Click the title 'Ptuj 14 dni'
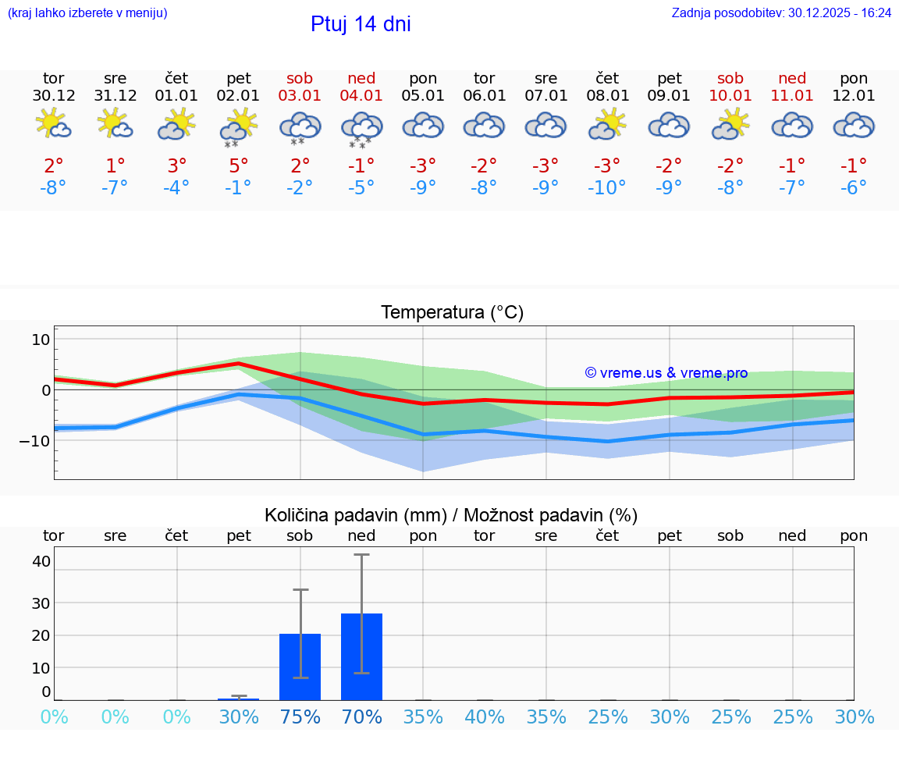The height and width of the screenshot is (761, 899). (361, 24)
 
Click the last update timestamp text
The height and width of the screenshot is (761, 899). (781, 12)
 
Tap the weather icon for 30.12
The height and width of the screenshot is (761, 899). (54, 125)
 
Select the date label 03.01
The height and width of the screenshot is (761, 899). (300, 96)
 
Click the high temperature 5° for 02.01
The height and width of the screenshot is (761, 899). (239, 165)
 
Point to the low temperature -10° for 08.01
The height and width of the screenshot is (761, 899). (607, 187)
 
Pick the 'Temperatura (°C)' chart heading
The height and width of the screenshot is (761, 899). (452, 313)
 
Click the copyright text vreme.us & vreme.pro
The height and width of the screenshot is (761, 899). (666, 373)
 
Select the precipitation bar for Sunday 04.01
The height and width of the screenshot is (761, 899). (361, 656)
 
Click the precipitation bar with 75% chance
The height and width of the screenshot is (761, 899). (300, 667)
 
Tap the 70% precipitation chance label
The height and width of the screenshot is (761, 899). (361, 717)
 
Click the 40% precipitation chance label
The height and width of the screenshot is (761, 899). (485, 717)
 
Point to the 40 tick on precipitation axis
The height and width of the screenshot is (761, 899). (41, 561)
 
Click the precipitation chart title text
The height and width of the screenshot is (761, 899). (451, 515)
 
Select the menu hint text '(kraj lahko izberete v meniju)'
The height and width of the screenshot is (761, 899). (87, 12)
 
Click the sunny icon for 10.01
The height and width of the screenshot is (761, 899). (730, 125)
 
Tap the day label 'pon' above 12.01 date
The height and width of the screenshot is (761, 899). (854, 78)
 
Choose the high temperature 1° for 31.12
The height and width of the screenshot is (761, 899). (115, 165)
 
